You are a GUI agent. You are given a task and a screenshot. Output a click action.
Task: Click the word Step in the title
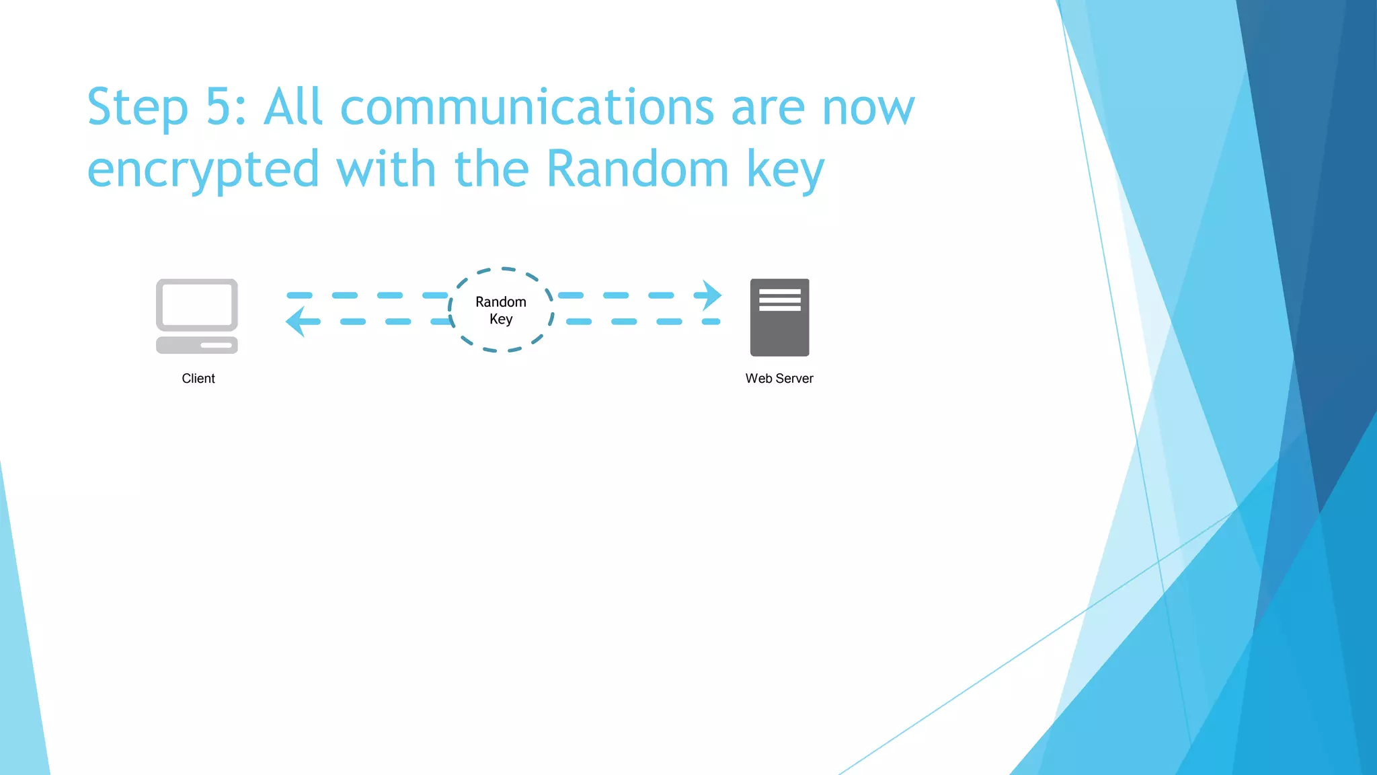(x=137, y=108)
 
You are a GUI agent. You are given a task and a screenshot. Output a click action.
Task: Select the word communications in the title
(x=526, y=107)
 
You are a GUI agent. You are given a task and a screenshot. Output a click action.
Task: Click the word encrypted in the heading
(x=203, y=170)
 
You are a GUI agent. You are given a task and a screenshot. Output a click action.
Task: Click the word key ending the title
(x=785, y=170)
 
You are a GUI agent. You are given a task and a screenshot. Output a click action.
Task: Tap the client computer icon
(x=197, y=316)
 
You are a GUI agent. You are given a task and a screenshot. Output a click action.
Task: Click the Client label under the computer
(x=198, y=379)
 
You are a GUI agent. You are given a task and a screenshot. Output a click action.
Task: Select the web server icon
(x=779, y=318)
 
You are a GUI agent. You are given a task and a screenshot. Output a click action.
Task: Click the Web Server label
(x=779, y=379)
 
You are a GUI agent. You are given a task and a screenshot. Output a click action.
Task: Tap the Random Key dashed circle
(x=501, y=310)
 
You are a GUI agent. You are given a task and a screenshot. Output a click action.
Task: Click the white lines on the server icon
(x=780, y=300)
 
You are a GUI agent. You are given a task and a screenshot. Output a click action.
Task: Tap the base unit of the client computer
(x=197, y=345)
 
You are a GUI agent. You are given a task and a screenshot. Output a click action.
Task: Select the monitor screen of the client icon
(x=197, y=304)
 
